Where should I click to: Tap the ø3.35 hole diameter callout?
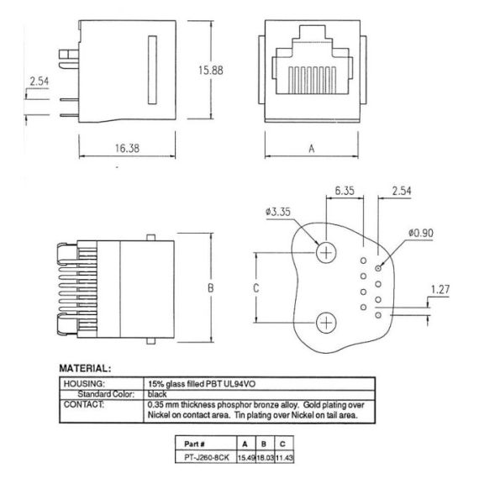pos(279,213)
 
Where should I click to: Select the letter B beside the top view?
pos(212,288)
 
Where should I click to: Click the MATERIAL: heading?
pos(85,367)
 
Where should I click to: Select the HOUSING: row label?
pos(83,383)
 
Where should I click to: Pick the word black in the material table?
pos(156,393)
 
